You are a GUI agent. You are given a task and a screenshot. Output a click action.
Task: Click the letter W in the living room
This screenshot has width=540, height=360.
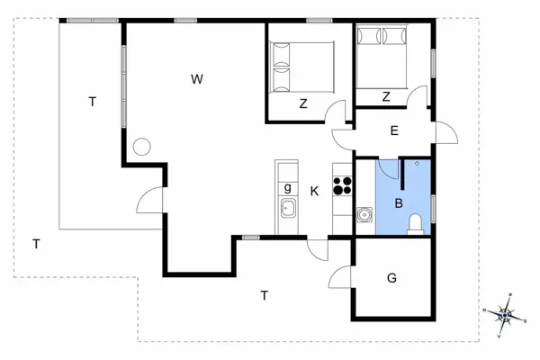point(196,79)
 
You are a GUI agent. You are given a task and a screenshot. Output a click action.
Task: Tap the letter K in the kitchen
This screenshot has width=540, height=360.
point(314,191)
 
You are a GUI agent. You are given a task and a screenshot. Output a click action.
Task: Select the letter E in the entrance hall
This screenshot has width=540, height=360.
point(394,130)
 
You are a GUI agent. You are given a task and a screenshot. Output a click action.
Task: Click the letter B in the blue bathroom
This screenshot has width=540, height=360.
point(399,203)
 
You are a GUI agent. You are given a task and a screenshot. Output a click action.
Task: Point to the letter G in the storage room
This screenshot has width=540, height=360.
point(391,278)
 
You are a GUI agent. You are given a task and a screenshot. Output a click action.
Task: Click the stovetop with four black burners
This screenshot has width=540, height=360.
point(342,185)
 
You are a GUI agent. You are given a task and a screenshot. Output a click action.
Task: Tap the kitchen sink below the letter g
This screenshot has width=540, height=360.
point(289,208)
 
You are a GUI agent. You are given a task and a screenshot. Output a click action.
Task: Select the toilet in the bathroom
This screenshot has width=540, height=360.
point(416,224)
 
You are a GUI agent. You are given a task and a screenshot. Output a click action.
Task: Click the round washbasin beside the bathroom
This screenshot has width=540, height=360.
point(364,215)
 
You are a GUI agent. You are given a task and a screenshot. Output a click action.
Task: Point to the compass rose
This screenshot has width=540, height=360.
point(505,315)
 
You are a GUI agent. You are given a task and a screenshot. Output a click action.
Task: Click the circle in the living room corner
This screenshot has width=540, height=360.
point(142,147)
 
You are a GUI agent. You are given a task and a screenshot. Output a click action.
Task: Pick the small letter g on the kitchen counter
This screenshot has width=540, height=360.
point(288,188)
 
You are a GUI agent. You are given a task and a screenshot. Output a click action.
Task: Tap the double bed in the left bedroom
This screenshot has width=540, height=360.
point(301,67)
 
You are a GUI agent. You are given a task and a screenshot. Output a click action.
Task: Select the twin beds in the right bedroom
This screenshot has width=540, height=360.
point(382,56)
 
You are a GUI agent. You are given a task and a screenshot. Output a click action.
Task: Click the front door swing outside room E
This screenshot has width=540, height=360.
point(446,132)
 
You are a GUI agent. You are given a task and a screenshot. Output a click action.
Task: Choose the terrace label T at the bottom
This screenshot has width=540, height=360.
point(264,295)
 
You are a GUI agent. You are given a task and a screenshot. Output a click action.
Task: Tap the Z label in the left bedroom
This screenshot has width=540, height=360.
point(303,103)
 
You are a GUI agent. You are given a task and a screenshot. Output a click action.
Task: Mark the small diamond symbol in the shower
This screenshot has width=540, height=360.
point(418,163)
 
